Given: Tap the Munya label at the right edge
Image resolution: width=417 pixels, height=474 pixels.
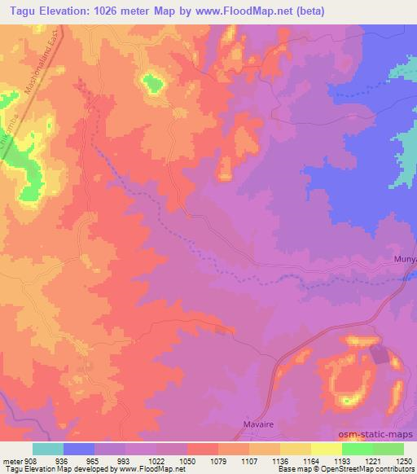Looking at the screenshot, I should [404, 259].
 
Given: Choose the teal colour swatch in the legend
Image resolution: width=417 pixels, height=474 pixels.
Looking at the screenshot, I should [48, 449].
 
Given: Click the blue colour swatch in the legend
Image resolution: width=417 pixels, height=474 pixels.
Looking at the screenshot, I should [79, 449].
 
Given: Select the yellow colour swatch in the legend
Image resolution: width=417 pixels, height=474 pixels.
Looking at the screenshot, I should [327, 449].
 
